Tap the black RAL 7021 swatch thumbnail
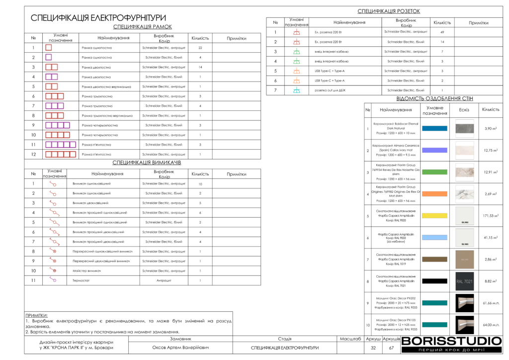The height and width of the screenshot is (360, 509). click(465, 281)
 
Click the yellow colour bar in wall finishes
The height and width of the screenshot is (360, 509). click(434, 216)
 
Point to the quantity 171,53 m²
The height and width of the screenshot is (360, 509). click(491, 216)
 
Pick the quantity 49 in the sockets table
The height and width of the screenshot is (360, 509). click(442, 32)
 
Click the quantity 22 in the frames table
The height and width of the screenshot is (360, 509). click(200, 48)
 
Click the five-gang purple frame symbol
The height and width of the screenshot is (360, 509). click(61, 145)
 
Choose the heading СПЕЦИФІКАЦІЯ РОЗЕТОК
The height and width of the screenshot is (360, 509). click(389, 11)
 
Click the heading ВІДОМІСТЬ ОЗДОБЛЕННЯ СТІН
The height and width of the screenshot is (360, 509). click(431, 99)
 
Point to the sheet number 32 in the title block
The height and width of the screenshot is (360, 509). click(373, 348)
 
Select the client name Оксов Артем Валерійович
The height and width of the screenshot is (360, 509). click(180, 348)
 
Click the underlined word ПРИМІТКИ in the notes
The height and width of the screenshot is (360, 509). click(37, 315)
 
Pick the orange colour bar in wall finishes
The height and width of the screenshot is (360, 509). click(434, 194)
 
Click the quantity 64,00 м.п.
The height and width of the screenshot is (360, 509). click(491, 325)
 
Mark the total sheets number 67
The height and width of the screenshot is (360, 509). click(391, 348)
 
